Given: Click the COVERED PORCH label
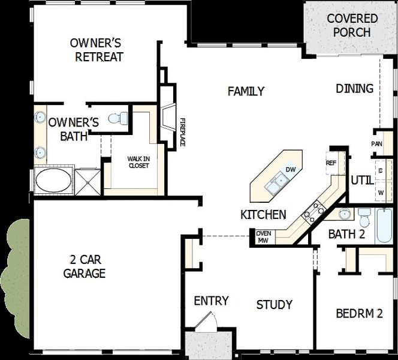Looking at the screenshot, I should tap(352, 26).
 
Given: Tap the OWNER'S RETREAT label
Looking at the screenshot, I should tap(97, 50).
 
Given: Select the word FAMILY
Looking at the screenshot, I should tap(246, 91).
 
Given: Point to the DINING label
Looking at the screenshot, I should tap(354, 89).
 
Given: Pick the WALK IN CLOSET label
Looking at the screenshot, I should tap(138, 162).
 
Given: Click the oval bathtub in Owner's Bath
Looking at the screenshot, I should tap(53, 180).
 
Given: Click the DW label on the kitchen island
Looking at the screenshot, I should tap(291, 170).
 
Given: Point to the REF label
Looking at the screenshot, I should tap(331, 163).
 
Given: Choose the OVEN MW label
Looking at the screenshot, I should tap(263, 237).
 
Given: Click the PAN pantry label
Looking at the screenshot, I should tap(376, 144).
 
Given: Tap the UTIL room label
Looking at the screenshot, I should tap(361, 179).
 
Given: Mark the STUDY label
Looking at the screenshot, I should tap(274, 305).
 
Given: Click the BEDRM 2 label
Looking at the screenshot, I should tap(358, 313).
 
